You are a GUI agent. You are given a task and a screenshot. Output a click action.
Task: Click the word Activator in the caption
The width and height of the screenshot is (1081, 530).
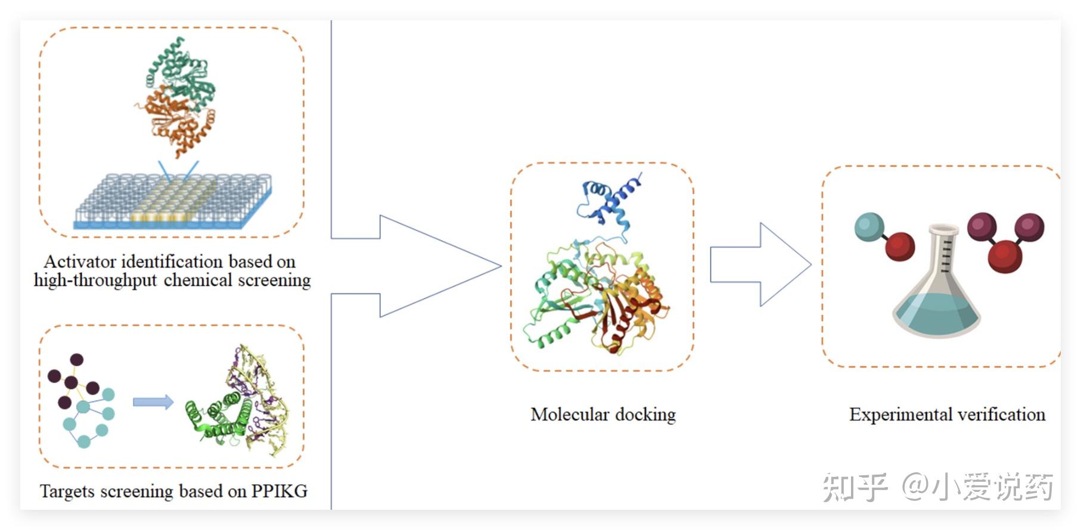click(79, 261)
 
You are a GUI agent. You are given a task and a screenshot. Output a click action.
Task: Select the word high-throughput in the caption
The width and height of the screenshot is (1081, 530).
click(95, 280)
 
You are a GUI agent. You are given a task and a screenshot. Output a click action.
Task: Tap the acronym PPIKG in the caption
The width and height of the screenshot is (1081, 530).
click(279, 491)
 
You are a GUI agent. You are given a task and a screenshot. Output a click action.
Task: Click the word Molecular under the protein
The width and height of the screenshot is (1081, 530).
click(569, 414)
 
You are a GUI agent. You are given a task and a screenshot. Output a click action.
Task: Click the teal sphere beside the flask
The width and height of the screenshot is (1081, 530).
click(869, 226)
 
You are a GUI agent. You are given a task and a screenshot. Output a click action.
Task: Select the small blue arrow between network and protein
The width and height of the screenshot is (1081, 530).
click(153, 403)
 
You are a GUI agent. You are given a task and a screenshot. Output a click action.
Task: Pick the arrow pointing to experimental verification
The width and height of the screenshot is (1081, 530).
click(760, 264)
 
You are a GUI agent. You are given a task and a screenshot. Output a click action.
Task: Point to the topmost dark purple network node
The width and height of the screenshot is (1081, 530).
click(76, 360)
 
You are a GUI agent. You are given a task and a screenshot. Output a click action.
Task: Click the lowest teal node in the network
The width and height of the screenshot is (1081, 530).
click(84, 441)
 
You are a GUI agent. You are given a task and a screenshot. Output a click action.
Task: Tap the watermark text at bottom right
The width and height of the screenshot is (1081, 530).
click(938, 487)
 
